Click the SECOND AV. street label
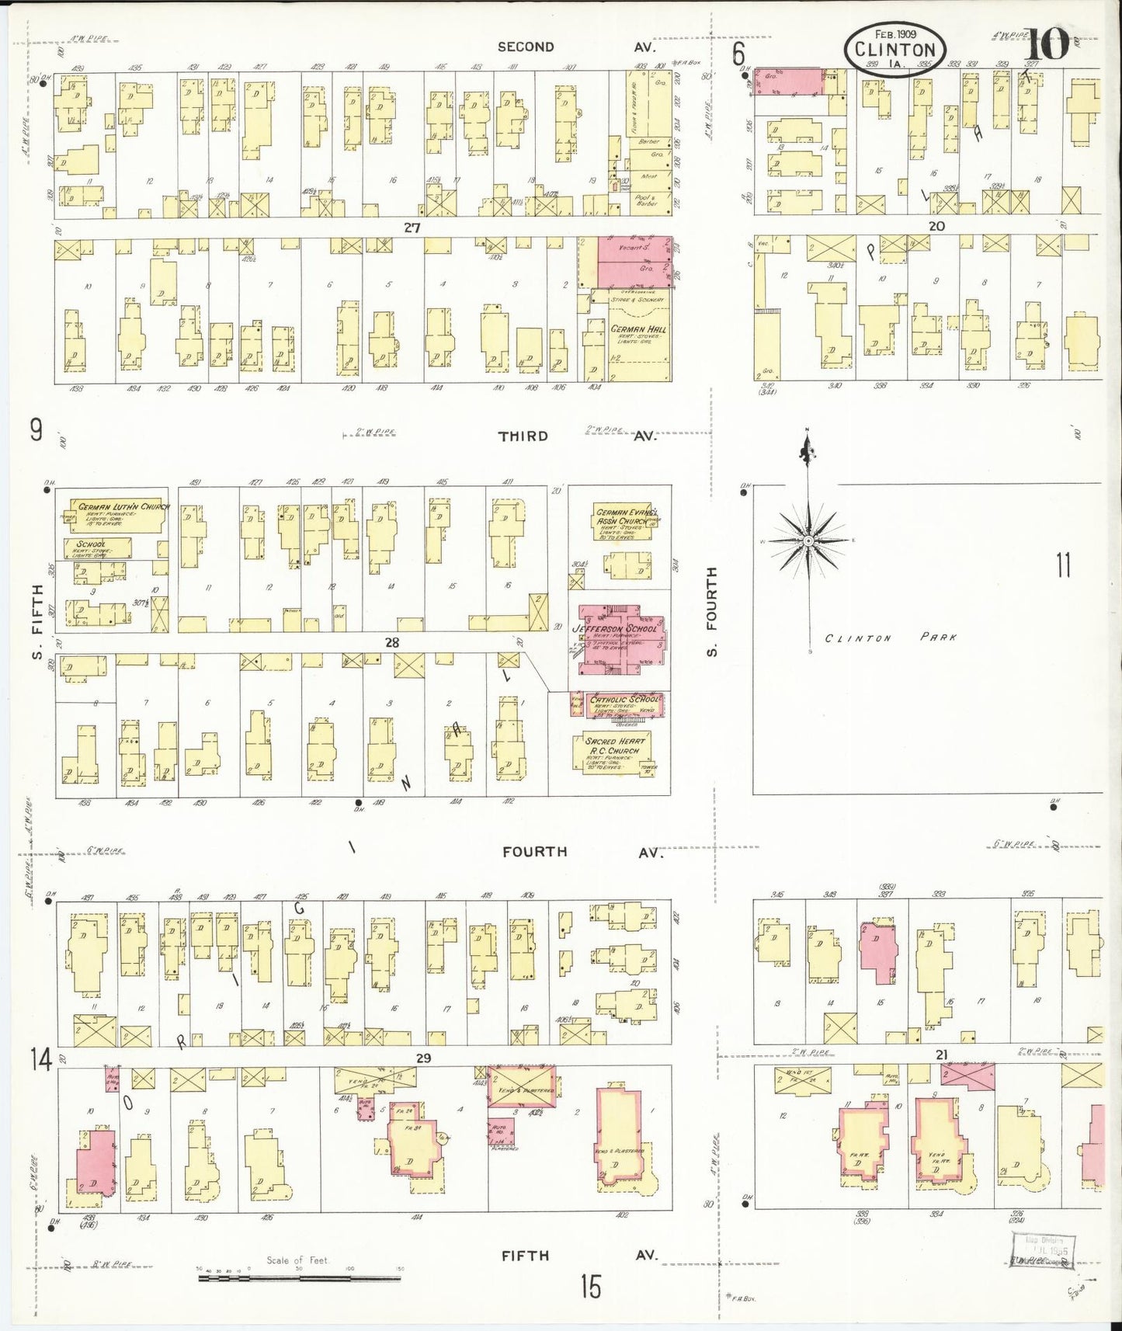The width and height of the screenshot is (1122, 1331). [576, 47]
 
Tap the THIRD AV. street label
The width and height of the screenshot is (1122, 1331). [576, 436]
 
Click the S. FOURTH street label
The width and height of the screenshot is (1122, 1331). [712, 611]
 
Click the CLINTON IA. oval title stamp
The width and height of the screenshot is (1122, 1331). [896, 47]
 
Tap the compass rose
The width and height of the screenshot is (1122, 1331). [808, 539]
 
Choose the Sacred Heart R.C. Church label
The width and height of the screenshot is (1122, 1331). [614, 745]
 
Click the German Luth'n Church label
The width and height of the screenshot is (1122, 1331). [123, 506]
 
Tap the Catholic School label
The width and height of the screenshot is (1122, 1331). [624, 699]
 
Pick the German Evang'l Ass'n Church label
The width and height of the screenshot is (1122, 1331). [625, 516]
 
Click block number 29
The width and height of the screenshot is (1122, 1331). [423, 1058]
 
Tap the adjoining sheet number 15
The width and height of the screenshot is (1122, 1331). [590, 1287]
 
